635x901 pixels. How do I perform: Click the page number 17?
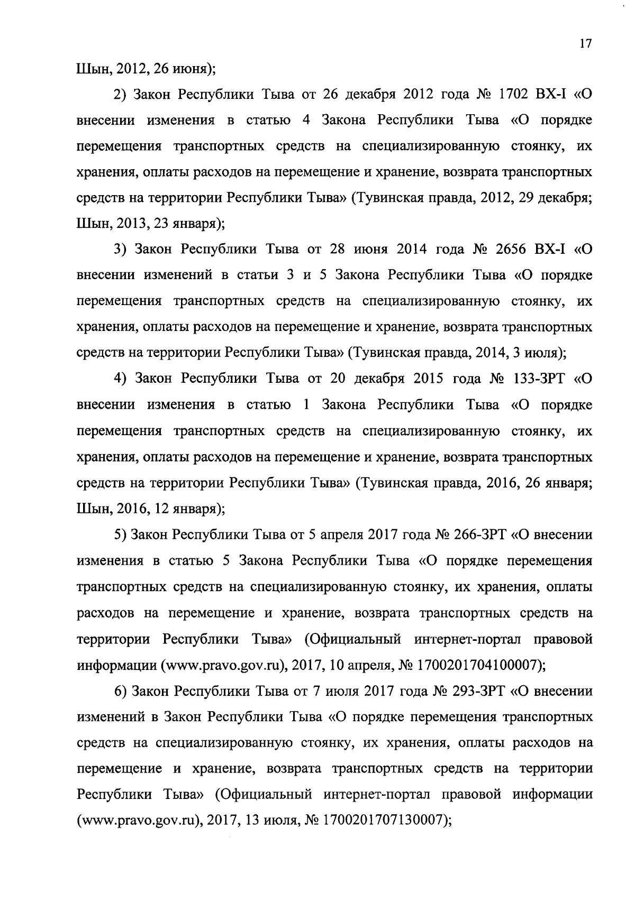[585, 44]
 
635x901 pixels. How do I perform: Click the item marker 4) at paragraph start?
[121, 379]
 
